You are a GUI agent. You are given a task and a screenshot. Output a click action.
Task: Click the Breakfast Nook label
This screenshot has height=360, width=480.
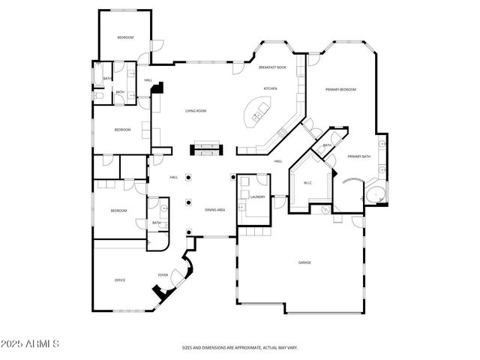pyautogui.click(x=272, y=67)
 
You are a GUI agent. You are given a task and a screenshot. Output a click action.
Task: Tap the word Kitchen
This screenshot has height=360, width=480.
pyautogui.click(x=270, y=88)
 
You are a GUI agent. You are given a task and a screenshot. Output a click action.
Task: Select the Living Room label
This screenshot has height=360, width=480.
pyautogui.click(x=196, y=111)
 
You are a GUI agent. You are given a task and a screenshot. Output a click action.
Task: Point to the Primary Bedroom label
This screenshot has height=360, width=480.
pyautogui.click(x=340, y=90)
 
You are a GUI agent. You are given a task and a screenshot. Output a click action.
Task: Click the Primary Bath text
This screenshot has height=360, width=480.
pyautogui.click(x=358, y=156)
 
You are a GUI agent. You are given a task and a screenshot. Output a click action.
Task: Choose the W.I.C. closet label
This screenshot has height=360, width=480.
pyautogui.click(x=307, y=182)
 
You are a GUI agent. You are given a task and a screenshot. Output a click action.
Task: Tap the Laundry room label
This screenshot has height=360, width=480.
pyautogui.click(x=258, y=196)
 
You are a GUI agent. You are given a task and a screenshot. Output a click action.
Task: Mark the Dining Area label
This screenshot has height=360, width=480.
pyautogui.click(x=215, y=210)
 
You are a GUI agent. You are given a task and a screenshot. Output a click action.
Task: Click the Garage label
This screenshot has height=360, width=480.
pyautogui.click(x=304, y=262)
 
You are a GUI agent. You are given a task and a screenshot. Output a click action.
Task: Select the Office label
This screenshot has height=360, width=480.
pyautogui.click(x=120, y=280)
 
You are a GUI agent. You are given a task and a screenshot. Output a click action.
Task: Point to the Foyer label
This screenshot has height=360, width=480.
pyautogui.click(x=162, y=275)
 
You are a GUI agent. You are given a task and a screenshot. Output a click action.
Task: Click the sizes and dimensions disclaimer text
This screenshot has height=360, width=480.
pyautogui.click(x=240, y=348)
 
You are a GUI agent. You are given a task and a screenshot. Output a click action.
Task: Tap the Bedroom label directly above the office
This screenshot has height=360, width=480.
pyautogui.click(x=119, y=211)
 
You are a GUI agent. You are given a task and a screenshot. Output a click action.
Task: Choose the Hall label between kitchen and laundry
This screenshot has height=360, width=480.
pyautogui.click(x=277, y=161)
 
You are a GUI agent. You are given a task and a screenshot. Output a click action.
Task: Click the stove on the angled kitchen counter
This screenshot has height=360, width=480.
pyautogui.click(x=283, y=134)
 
